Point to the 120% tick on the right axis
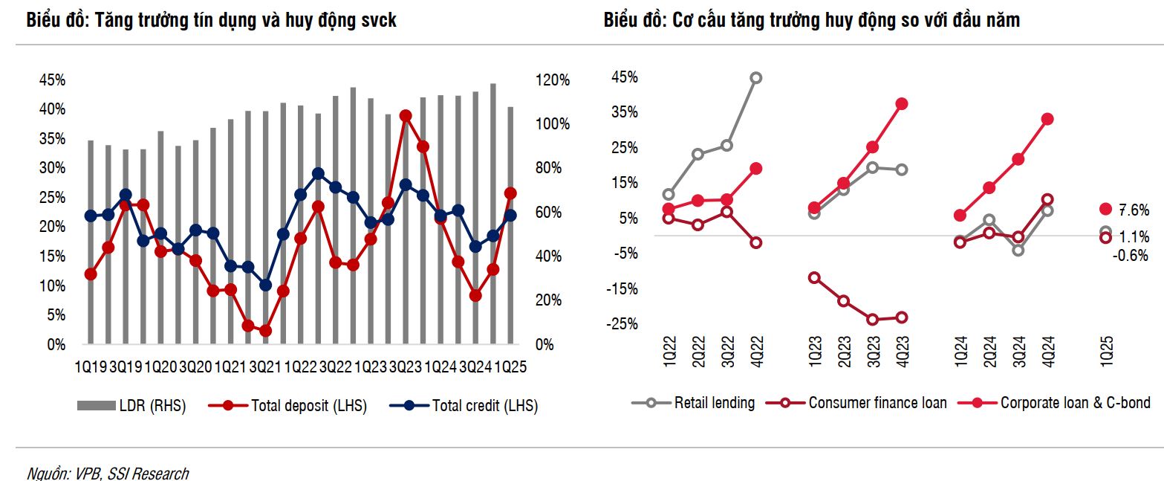click(553, 80)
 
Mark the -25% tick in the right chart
click(622, 324)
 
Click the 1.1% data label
click(1134, 237)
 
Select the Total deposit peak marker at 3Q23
click(406, 116)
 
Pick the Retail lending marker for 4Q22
click(756, 77)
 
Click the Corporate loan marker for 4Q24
click(1047, 119)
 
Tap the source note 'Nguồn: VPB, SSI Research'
click(108, 473)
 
